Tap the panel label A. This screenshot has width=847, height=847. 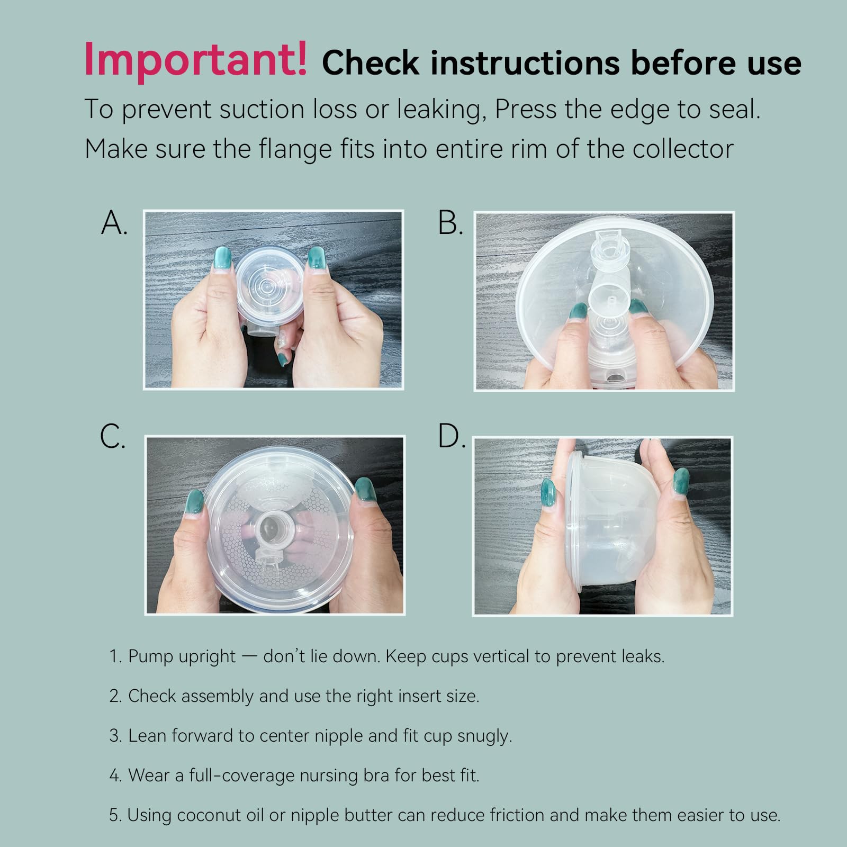click(114, 223)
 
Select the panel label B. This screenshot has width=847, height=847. click(450, 223)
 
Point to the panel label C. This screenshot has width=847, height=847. click(113, 437)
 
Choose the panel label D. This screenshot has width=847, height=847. click(451, 437)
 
